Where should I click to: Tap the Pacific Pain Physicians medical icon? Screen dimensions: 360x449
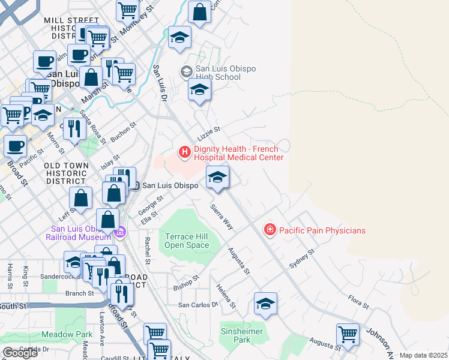[270, 230]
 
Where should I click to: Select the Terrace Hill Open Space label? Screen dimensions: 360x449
[187, 241]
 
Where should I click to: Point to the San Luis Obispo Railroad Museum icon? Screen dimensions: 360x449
[119, 232]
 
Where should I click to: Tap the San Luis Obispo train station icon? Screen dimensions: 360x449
[136, 185]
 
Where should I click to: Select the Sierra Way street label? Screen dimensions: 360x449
[221, 217]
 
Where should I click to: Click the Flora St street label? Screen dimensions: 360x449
[358, 302]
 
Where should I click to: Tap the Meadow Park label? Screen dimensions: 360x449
[67, 334]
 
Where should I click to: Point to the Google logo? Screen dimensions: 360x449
[20, 353]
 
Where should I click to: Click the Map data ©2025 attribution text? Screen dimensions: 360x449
[423, 355]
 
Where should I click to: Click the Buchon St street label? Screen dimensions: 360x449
[124, 132]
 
